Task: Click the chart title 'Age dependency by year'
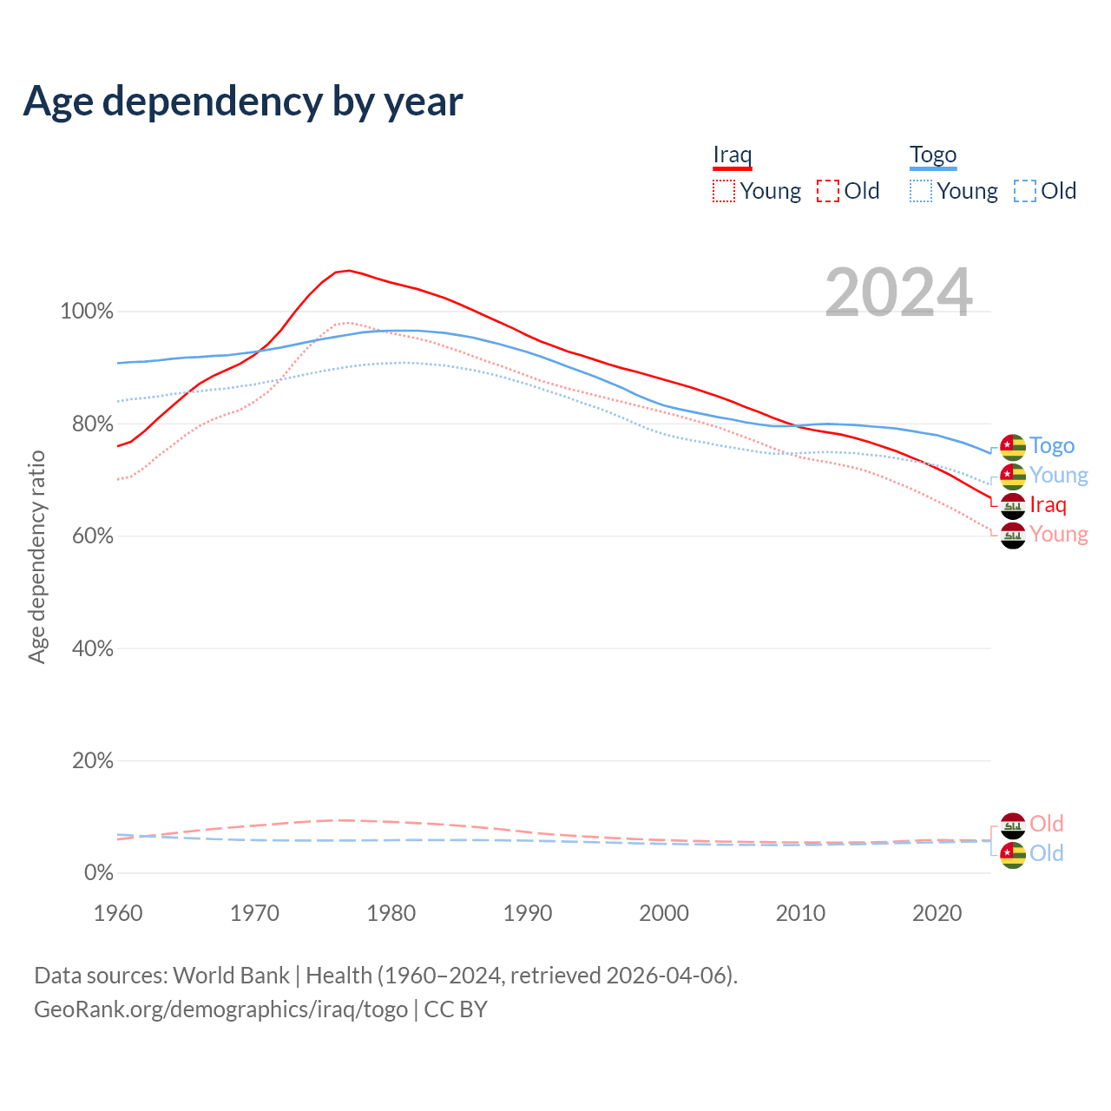click(243, 102)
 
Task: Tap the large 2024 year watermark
click(898, 293)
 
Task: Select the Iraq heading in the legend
click(732, 155)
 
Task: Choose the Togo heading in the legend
click(932, 155)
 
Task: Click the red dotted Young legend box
click(723, 191)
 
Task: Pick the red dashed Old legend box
click(827, 191)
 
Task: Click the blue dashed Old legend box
click(1024, 191)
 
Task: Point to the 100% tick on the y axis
click(87, 312)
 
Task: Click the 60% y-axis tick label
click(92, 536)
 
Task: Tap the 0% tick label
click(98, 873)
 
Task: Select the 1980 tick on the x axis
click(391, 913)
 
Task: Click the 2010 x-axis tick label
click(800, 913)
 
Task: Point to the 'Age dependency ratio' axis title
click(36, 556)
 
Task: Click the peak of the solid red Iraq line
click(349, 271)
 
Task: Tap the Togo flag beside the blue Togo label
click(1013, 447)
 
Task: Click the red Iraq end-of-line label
click(1048, 505)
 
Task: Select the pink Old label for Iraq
click(1046, 824)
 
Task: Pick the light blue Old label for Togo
click(1046, 853)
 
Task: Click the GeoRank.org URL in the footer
click(220, 1009)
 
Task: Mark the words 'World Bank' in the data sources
click(231, 976)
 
